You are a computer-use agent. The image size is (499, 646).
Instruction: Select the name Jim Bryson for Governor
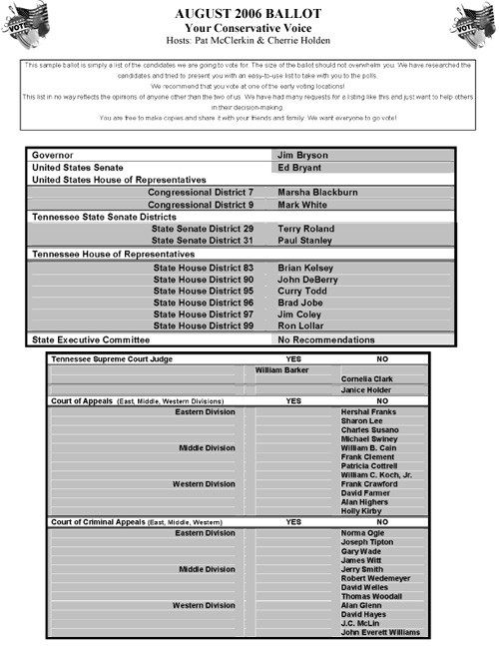click(x=302, y=156)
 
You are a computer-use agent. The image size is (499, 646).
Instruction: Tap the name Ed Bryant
click(x=299, y=168)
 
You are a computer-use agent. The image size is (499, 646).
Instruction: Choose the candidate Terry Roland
click(x=305, y=229)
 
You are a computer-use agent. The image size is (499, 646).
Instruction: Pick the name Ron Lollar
click(x=300, y=325)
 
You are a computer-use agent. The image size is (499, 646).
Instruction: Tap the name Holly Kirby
click(x=362, y=511)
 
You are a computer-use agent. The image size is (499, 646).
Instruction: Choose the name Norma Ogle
click(x=362, y=533)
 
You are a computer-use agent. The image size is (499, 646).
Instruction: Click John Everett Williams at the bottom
click(x=380, y=632)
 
